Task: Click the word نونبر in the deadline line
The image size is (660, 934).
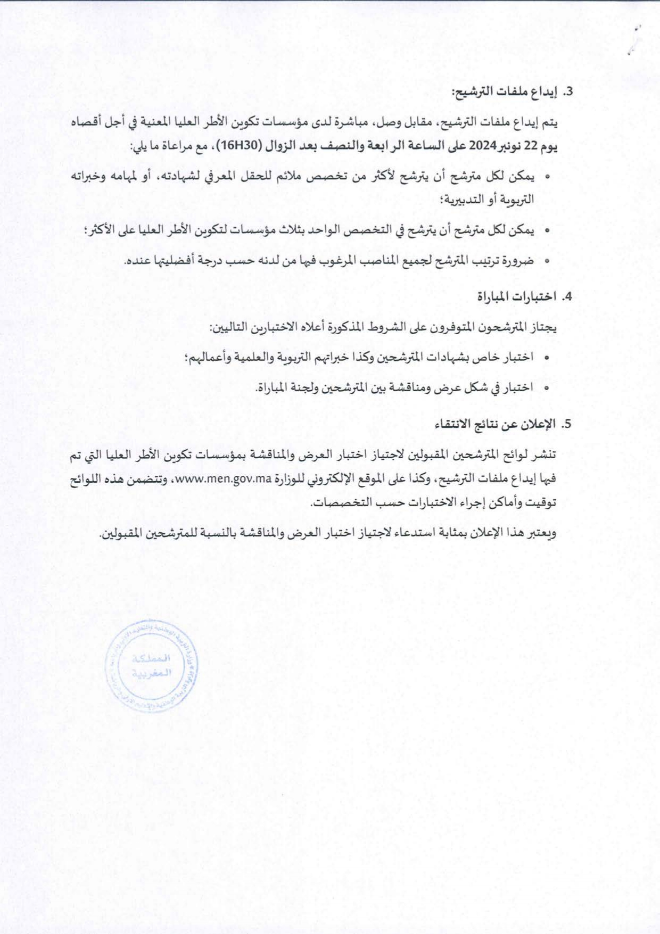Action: click(511, 146)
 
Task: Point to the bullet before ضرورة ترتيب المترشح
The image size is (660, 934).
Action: click(547, 261)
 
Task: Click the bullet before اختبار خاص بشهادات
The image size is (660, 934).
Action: click(547, 358)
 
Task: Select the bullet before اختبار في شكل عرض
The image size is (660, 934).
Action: click(547, 389)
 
